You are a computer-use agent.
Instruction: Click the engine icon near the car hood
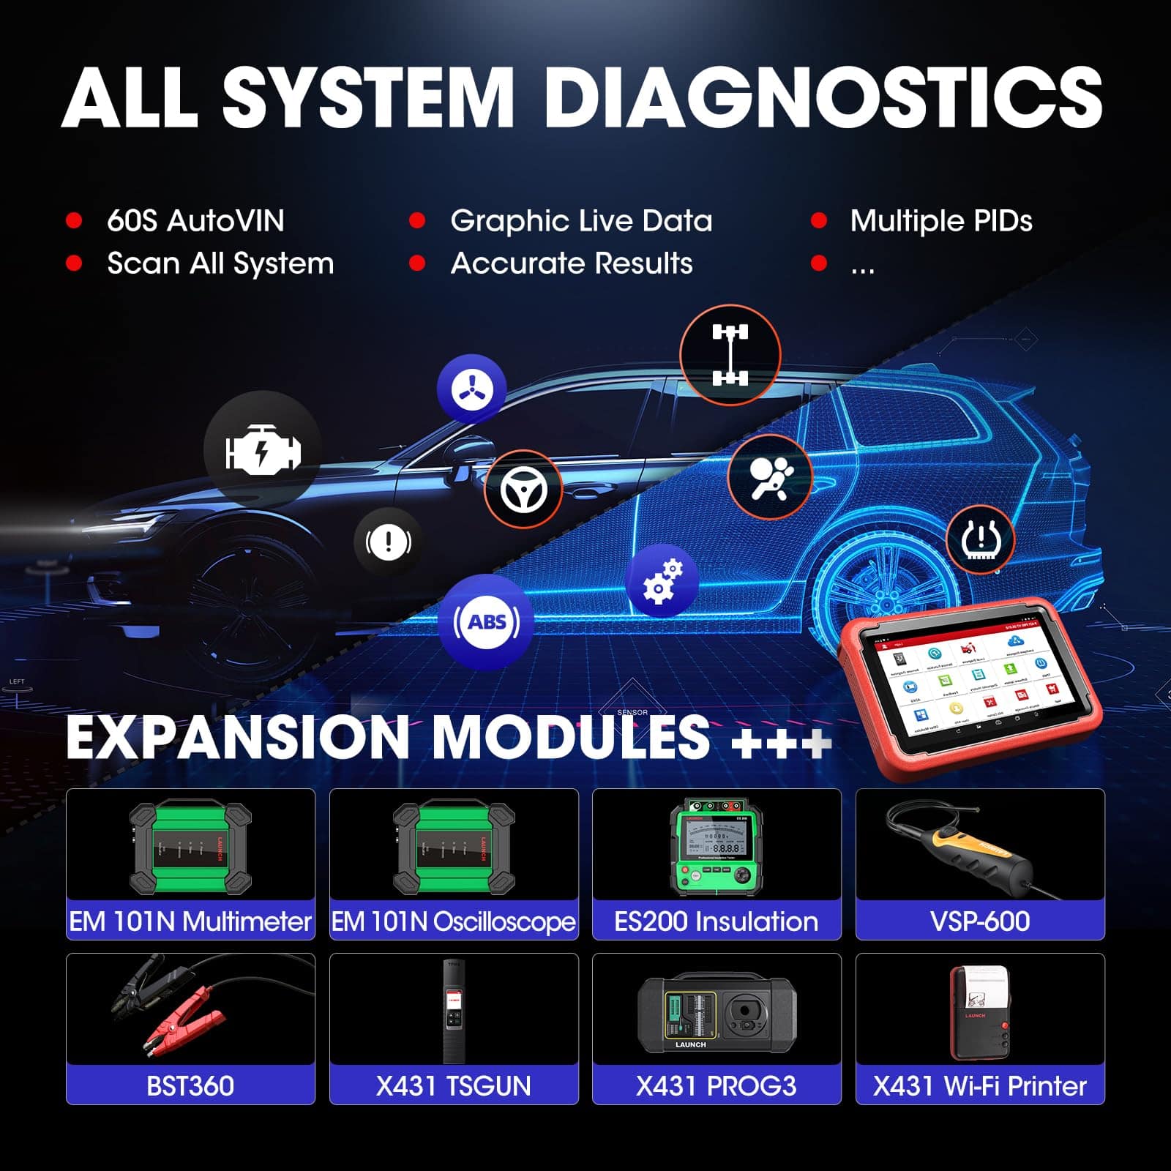(x=262, y=449)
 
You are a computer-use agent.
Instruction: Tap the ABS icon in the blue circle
(x=487, y=622)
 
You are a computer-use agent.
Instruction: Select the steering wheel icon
(x=523, y=490)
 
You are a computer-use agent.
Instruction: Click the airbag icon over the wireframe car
(x=771, y=477)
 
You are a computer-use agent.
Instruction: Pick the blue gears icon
(x=662, y=580)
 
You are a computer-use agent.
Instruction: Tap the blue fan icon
(x=471, y=389)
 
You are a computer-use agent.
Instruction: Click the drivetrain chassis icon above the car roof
(x=730, y=355)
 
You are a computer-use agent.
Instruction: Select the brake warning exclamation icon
(x=388, y=542)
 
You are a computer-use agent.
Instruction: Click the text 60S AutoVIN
(x=195, y=221)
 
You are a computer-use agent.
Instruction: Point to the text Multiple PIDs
(x=940, y=221)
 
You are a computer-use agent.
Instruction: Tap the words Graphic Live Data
(x=581, y=221)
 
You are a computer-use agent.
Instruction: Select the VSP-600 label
(x=979, y=921)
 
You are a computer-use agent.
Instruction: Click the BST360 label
(x=190, y=1086)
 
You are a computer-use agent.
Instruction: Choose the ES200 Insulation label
(x=716, y=921)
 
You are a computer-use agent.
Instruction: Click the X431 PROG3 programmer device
(x=716, y=1014)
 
